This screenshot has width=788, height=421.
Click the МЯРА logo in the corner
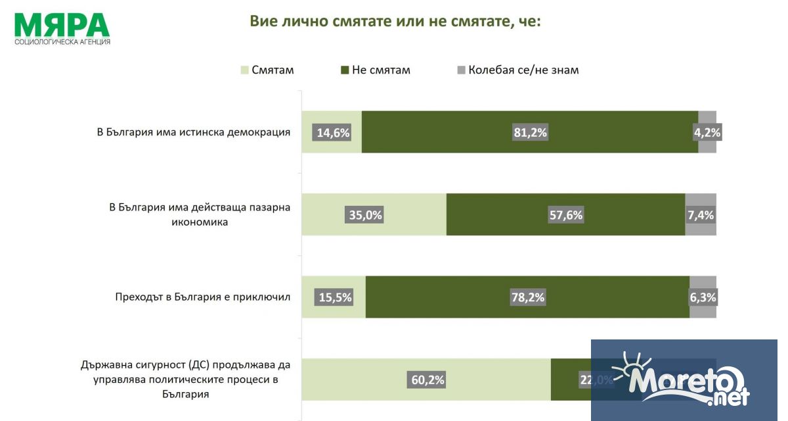click(62, 28)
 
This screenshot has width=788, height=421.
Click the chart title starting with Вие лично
click(395, 21)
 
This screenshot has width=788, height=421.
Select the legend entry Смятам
click(267, 70)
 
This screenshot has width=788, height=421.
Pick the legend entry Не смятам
click(374, 70)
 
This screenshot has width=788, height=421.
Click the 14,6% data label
click(333, 132)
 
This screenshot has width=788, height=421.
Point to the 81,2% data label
click(530, 132)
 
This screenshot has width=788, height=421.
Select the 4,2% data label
click(707, 132)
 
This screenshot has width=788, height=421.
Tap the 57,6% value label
click(565, 214)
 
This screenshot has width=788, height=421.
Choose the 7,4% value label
click(701, 214)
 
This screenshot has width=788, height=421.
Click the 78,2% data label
click(527, 297)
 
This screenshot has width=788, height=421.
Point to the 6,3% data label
click(703, 297)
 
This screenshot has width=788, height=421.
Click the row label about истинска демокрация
click(194, 132)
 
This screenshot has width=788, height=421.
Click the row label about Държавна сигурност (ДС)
click(185, 380)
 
